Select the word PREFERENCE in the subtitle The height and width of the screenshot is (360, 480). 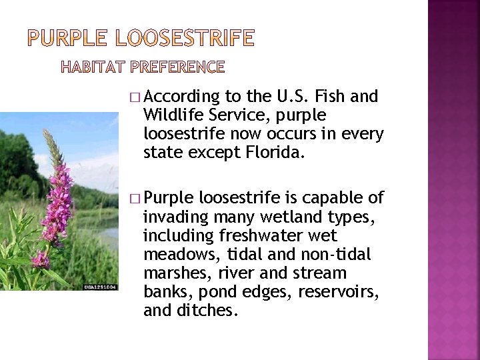(177, 67)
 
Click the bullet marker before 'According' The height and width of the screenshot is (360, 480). (136, 97)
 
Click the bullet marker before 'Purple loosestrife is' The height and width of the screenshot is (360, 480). (136, 199)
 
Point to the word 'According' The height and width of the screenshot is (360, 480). (181, 97)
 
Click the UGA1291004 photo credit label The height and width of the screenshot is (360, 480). (101, 286)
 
